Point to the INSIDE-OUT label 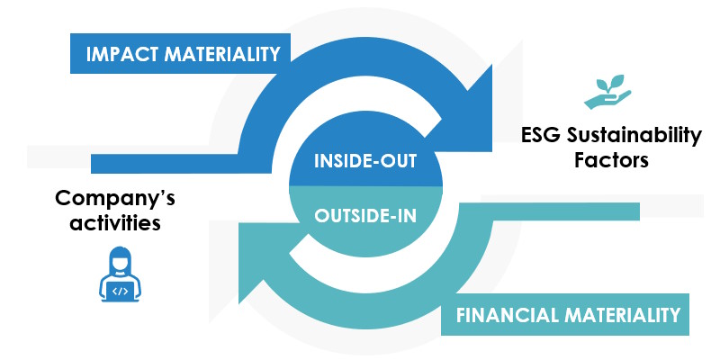[x=365, y=162]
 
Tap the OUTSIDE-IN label [x=365, y=215]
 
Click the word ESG [x=540, y=137]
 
